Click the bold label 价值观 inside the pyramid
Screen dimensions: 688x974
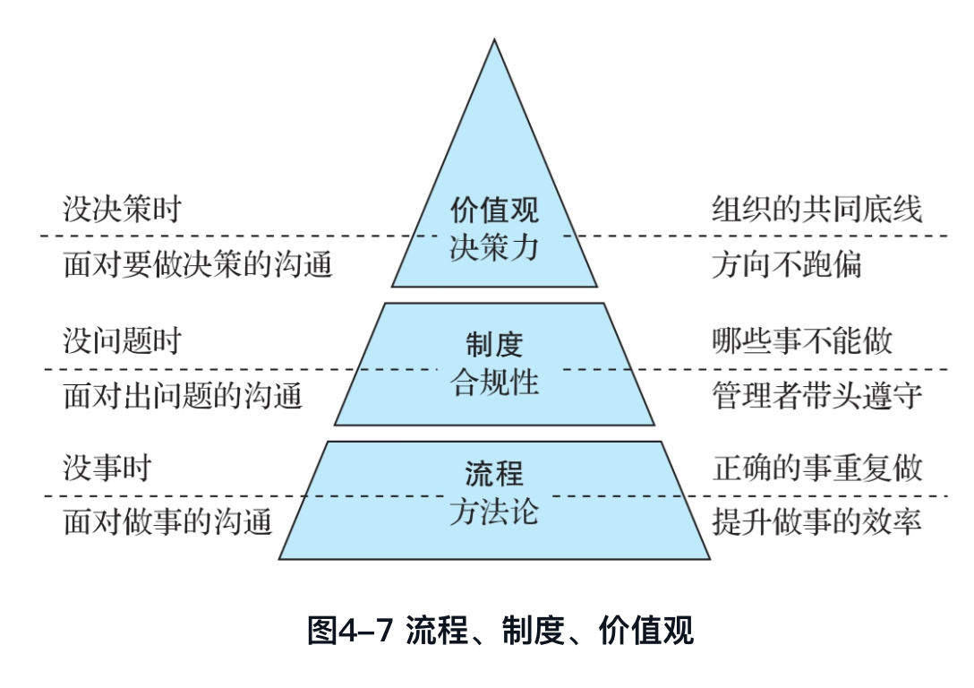pos(494,211)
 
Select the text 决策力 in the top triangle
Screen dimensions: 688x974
pos(494,247)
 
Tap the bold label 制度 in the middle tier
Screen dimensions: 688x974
pos(494,344)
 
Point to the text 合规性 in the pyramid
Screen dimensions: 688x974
pos(494,383)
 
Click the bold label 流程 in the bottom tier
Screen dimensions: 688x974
pos(494,472)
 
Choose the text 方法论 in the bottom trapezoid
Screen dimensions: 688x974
pos(494,512)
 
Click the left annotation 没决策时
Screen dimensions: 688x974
pos(122,210)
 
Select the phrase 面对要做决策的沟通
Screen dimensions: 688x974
pos(198,264)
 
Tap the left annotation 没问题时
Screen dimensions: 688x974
pos(122,341)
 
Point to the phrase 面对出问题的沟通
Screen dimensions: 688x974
pos(183,395)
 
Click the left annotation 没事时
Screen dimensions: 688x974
pos(107,469)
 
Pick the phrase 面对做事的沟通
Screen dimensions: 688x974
pos(167,521)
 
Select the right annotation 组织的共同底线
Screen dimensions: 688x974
pos(817,210)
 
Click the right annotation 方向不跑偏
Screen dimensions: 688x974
pos(787,264)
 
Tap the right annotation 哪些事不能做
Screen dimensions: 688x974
pos(802,341)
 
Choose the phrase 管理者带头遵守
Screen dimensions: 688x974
pos(817,395)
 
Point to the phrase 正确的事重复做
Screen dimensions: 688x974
pos(817,469)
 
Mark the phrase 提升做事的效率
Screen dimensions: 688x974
pos(817,521)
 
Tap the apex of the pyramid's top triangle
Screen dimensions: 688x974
pos(494,40)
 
